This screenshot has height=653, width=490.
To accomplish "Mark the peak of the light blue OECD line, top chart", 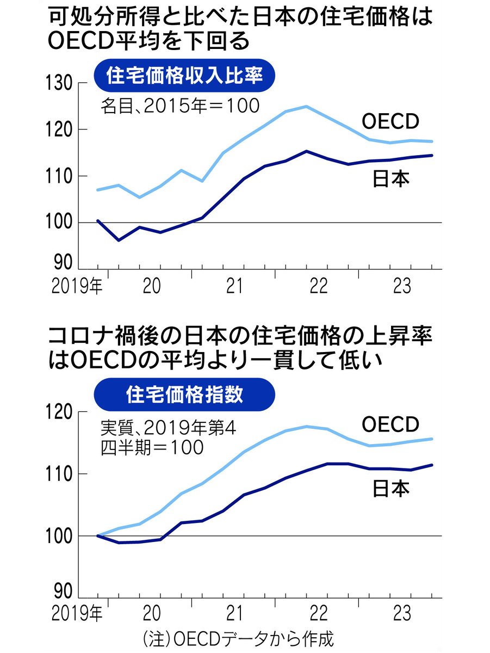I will coord(307,106).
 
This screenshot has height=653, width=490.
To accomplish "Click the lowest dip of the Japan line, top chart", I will coord(119,240).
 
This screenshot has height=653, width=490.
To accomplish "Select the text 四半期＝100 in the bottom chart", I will coord(151,447).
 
